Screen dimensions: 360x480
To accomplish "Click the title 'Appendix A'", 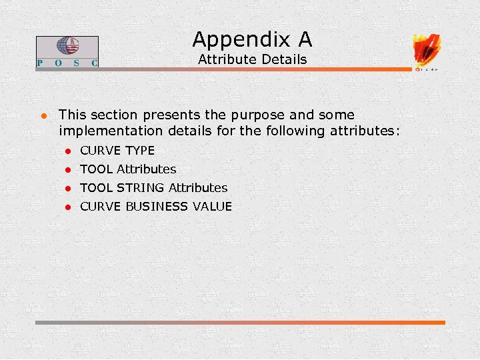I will pyautogui.click(x=252, y=39).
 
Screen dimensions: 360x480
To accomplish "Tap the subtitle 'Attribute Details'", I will pyautogui.click(x=252, y=59).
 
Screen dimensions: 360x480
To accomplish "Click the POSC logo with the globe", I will pyautogui.click(x=67, y=51).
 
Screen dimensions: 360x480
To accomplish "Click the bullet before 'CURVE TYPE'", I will pyautogui.click(x=67, y=151).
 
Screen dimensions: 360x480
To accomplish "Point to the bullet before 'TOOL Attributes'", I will pyautogui.click(x=67, y=170).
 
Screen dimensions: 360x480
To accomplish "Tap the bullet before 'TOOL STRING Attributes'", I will pyautogui.click(x=67, y=189).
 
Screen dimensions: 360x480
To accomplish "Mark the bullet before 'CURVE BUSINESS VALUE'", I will pyautogui.click(x=67, y=207).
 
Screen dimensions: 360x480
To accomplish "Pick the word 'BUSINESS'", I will pyautogui.click(x=157, y=207).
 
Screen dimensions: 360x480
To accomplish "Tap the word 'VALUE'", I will pyautogui.click(x=212, y=207).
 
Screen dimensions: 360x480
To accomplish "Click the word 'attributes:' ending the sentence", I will pyautogui.click(x=365, y=131).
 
